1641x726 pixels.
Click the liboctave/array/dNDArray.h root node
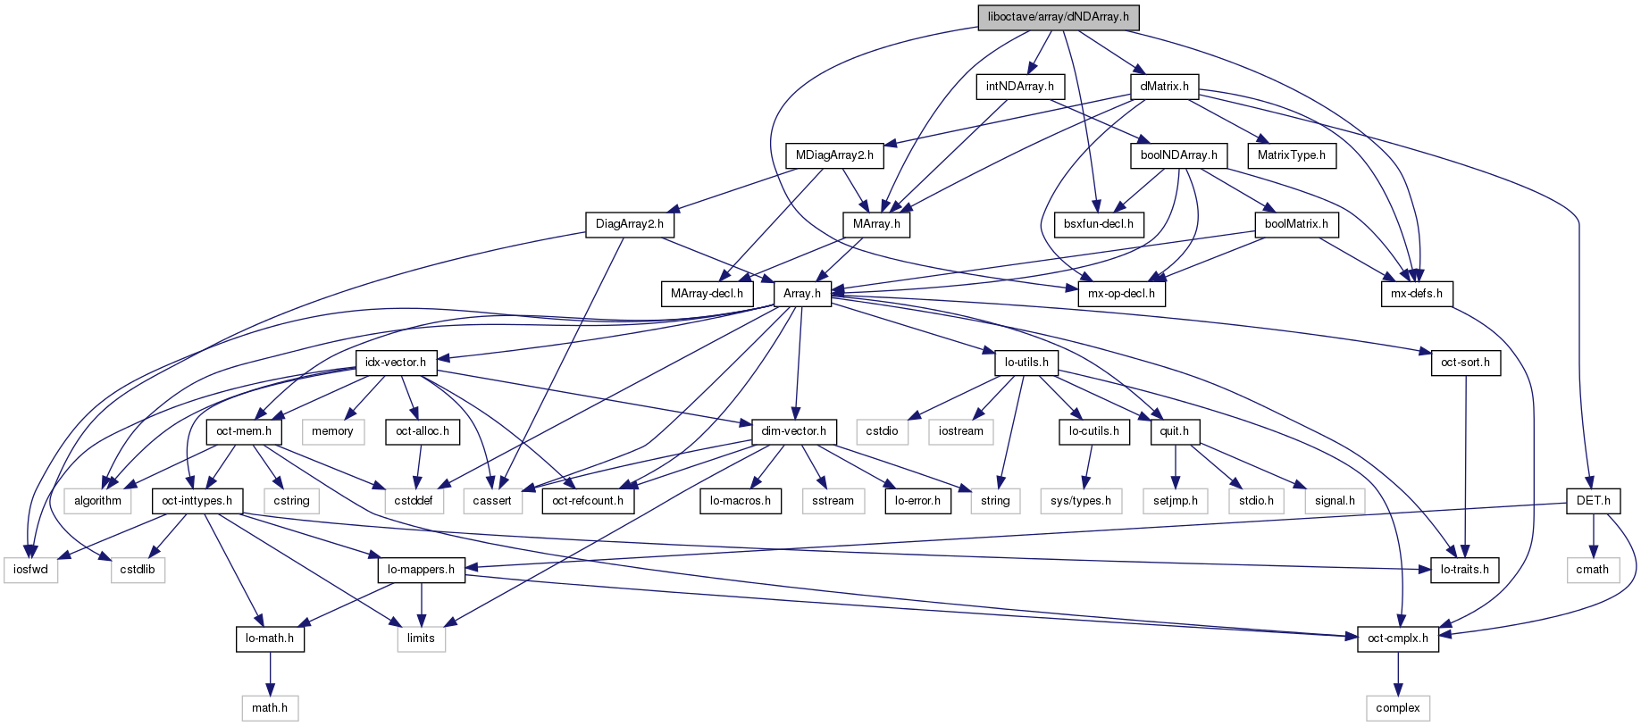coord(1059,17)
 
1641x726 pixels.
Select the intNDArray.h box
coord(1019,87)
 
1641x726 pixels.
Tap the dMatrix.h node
coord(1164,87)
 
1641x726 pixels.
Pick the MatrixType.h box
coord(1291,155)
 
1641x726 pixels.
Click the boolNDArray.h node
coord(1178,155)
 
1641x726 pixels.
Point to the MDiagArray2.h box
coord(834,155)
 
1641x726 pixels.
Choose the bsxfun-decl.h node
coord(1098,224)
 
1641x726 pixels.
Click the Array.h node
coord(801,293)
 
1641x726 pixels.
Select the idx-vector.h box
coord(396,363)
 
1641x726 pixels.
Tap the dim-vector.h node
coord(794,431)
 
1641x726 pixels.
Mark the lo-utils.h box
coord(1026,363)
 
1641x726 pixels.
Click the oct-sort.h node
coord(1465,363)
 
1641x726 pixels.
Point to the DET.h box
coord(1593,501)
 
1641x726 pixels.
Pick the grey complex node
coord(1397,708)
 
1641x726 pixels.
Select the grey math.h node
coord(269,708)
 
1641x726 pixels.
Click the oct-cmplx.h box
coord(1397,638)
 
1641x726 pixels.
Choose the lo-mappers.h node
coord(421,570)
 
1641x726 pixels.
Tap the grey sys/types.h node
coord(1080,501)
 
